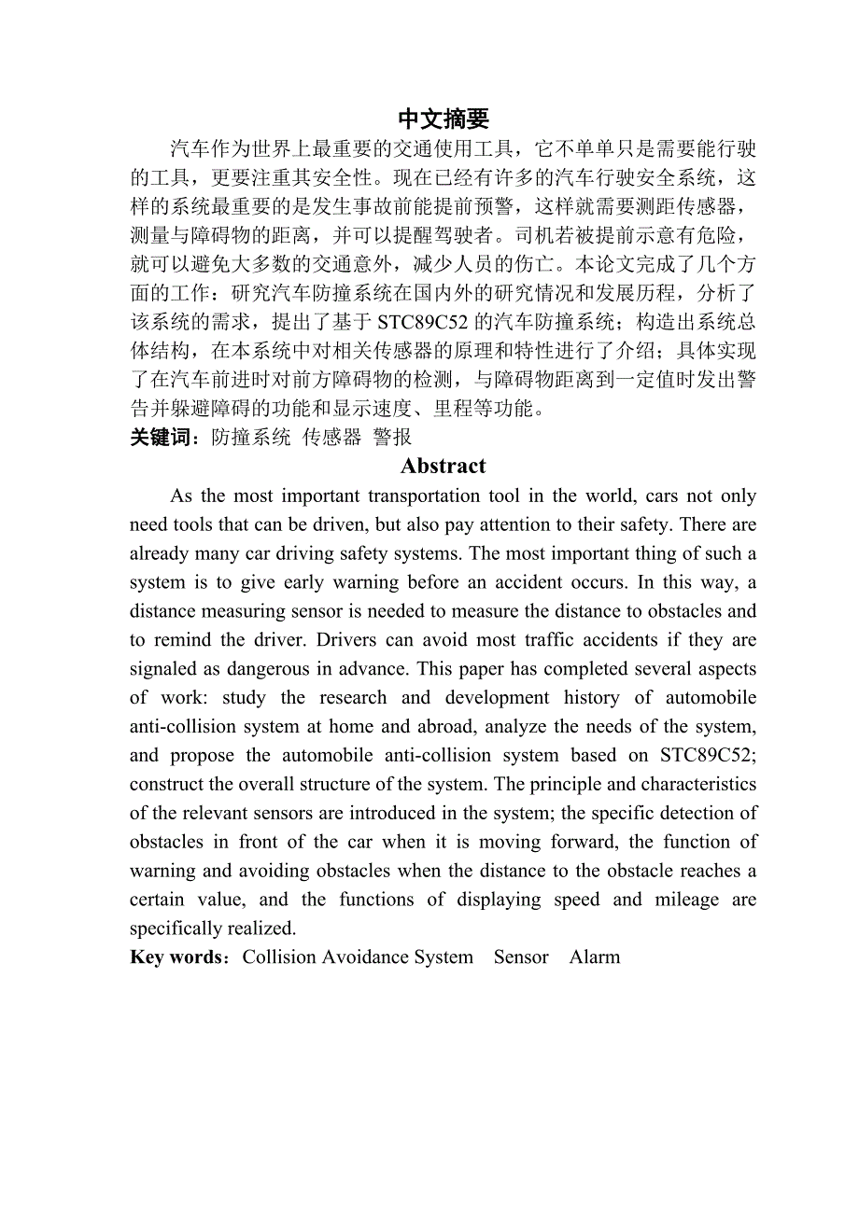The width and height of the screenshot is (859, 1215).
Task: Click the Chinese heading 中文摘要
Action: (444, 119)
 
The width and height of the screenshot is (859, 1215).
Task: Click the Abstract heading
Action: (444, 466)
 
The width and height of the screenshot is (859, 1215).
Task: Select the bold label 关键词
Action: (160, 437)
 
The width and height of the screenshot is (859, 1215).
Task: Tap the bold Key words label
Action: (176, 957)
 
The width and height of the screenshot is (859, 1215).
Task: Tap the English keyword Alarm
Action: (595, 957)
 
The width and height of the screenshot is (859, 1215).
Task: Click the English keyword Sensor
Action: (521, 957)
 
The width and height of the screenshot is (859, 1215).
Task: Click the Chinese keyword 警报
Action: (392, 437)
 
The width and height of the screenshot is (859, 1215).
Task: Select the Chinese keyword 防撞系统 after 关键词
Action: (251, 437)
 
